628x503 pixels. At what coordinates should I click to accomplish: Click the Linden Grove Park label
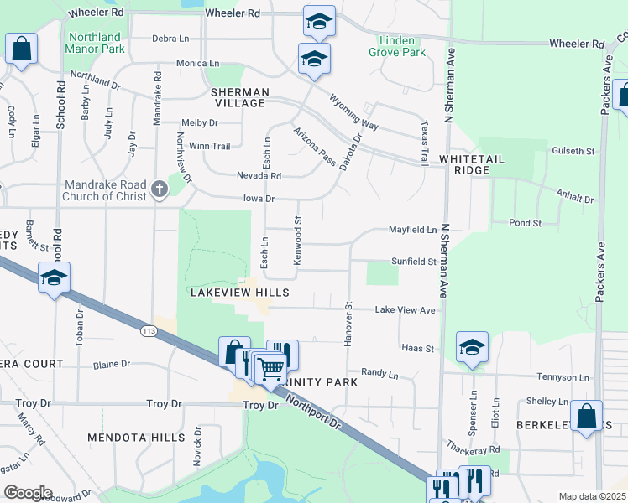397,46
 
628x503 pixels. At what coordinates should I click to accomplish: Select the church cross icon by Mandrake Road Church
160,190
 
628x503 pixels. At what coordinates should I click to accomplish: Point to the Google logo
27,492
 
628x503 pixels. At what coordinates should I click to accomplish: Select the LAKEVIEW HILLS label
240,293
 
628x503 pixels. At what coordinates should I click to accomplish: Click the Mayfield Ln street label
413,229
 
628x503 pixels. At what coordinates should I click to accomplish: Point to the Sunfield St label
412,262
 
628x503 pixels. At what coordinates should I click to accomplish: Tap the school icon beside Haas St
472,346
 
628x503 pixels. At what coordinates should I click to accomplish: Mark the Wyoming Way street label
354,114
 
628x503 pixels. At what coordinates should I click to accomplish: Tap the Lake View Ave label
406,310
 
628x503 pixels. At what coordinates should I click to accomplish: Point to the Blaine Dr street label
111,364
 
